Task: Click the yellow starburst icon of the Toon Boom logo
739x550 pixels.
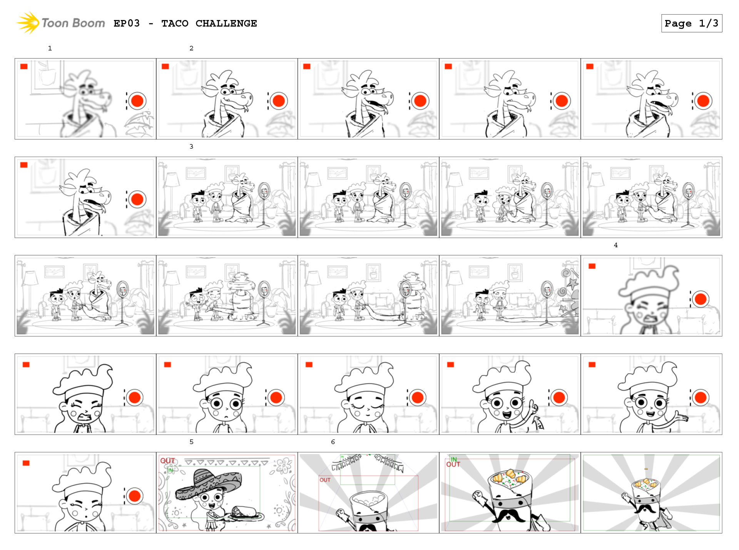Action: [x=28, y=23]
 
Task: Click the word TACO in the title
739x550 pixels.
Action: [x=175, y=23]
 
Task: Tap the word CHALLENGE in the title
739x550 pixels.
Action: [x=226, y=23]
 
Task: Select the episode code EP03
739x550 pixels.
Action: [x=127, y=23]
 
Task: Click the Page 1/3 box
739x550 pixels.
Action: [x=692, y=23]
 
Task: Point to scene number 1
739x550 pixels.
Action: [x=50, y=48]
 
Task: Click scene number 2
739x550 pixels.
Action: [x=191, y=48]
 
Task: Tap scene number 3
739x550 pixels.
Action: [x=191, y=146]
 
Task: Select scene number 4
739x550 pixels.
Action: [x=616, y=245]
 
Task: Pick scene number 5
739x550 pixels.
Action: [x=191, y=442]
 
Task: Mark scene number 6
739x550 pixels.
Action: [x=333, y=442]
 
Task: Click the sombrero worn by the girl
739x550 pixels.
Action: [x=208, y=483]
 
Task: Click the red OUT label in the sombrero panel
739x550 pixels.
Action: [x=167, y=461]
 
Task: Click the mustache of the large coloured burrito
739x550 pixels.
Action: [x=509, y=515]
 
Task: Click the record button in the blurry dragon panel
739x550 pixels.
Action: [x=137, y=101]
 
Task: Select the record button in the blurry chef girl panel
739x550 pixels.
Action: [x=700, y=299]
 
